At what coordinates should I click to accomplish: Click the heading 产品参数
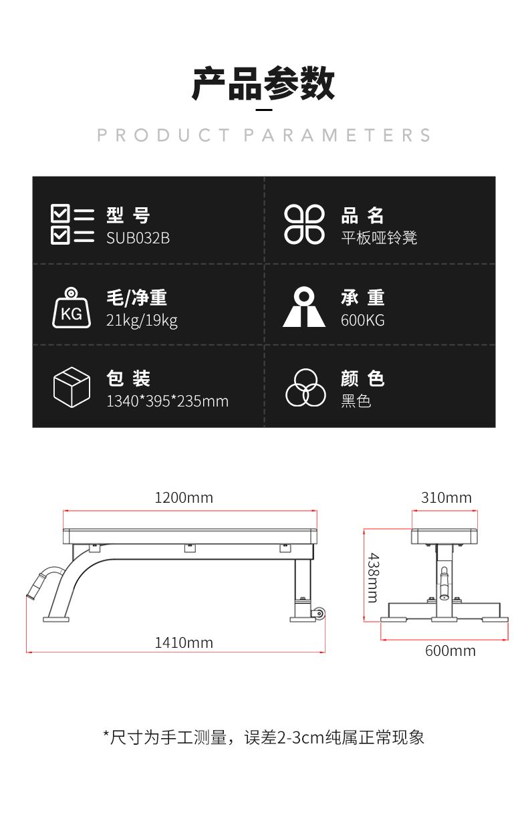point(263,84)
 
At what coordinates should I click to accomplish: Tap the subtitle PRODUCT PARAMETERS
point(264,135)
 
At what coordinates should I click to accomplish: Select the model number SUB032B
point(138,238)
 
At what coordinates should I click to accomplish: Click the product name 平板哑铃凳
point(379,238)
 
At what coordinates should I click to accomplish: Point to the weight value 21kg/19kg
point(142,320)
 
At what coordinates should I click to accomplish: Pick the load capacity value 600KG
point(362,320)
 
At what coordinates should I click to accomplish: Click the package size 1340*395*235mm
point(167,401)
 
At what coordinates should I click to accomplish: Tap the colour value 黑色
point(356,401)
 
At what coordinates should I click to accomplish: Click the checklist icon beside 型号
point(72,225)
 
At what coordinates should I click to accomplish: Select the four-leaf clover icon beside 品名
point(304,225)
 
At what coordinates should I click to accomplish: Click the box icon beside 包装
point(72,387)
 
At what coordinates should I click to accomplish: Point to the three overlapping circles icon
point(305,388)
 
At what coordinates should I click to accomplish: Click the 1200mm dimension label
point(184,497)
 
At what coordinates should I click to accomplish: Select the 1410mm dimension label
point(184,642)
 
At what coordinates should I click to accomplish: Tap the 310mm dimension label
point(446,497)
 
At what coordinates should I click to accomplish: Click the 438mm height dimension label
point(373,576)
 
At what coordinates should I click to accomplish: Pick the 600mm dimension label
point(450,651)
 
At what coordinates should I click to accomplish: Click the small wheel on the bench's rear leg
point(320,614)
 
